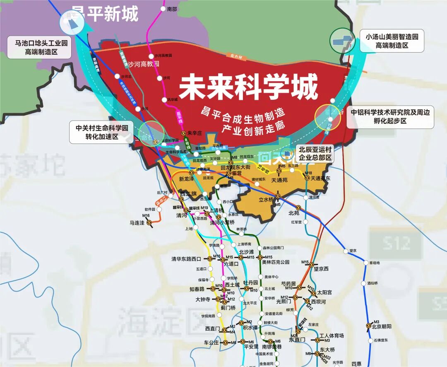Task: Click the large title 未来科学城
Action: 248,87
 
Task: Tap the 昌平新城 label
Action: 105,14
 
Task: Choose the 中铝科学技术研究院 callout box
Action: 391,116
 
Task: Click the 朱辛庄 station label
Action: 195,133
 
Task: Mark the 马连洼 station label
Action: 137,223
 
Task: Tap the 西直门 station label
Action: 212,328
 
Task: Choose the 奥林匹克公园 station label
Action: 276,262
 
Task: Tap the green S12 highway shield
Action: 396,243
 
